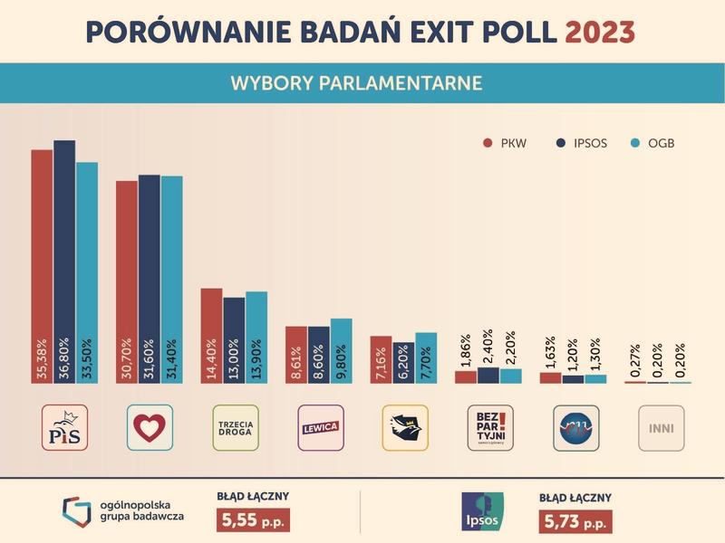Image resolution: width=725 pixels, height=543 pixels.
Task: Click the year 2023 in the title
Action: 599,32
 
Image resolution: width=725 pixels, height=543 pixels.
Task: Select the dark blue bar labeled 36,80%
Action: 64,262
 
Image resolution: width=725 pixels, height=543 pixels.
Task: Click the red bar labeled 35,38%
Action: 42,266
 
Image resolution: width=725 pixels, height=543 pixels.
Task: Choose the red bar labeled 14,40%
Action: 211,335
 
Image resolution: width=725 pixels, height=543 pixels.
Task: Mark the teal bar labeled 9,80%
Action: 342,350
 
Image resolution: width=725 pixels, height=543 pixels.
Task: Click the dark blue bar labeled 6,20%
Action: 403,362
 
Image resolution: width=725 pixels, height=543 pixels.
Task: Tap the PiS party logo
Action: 64,428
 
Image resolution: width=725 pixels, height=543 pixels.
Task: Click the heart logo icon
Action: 150,428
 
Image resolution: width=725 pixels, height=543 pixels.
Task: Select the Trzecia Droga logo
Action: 235,428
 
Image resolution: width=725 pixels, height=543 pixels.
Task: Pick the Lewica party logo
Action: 320,428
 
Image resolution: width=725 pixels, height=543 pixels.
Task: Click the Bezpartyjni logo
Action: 490,428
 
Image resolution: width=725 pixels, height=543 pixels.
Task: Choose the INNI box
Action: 661,428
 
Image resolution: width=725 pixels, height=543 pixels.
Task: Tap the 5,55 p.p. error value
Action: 250,522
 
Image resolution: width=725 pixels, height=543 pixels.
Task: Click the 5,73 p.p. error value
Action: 575,522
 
